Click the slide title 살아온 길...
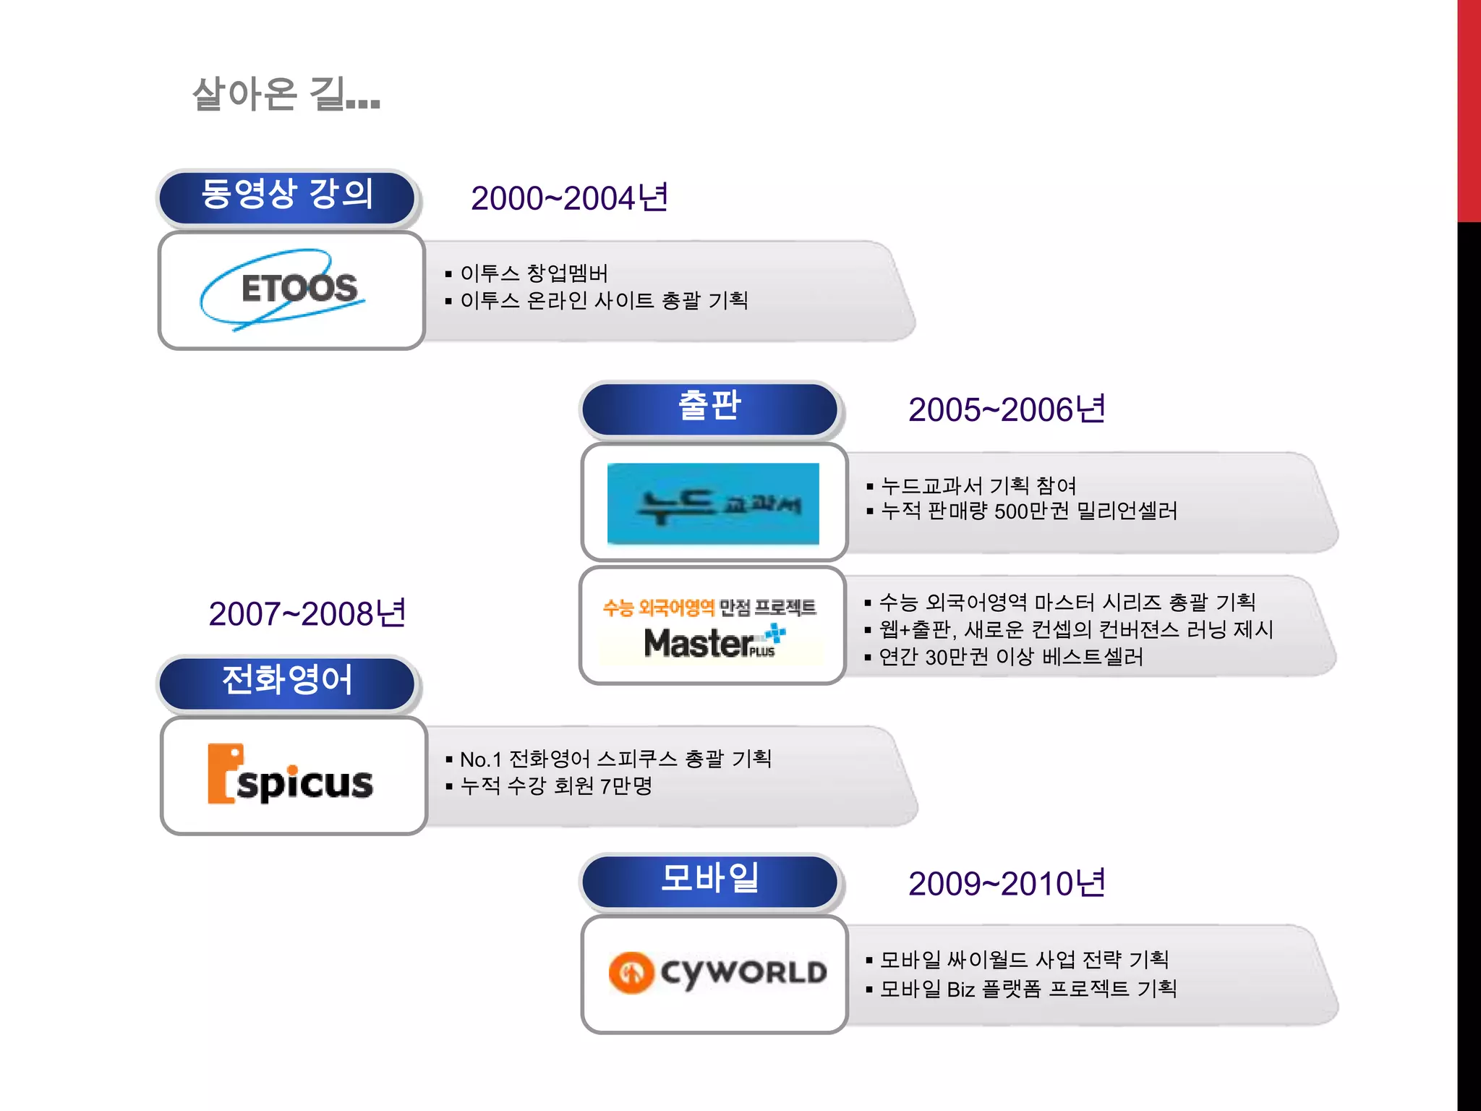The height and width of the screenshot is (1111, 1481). (x=286, y=94)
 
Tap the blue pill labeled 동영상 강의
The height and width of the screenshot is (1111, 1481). (x=287, y=196)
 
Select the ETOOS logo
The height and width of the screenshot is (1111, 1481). (x=289, y=289)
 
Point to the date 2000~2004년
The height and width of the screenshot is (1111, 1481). (x=569, y=198)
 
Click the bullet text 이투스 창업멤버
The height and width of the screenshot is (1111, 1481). (x=534, y=273)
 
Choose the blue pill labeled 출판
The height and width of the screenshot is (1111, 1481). (x=709, y=406)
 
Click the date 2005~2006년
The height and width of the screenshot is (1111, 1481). (x=1007, y=410)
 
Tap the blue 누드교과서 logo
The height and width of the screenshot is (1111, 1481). (x=713, y=503)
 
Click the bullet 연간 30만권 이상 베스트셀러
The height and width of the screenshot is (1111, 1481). (x=1010, y=657)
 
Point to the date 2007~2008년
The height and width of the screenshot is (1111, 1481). (x=307, y=614)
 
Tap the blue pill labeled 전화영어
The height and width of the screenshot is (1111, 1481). (x=287, y=681)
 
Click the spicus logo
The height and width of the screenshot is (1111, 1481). (x=291, y=775)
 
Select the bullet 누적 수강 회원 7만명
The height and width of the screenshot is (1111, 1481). (x=555, y=786)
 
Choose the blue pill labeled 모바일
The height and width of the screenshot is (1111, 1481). (x=709, y=879)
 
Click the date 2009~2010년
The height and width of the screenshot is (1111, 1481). (x=1007, y=884)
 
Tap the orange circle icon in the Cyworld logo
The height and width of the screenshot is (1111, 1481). (x=631, y=972)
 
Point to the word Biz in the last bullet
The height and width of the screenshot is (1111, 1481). (x=960, y=989)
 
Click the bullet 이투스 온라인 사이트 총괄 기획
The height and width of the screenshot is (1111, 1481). (x=603, y=301)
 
